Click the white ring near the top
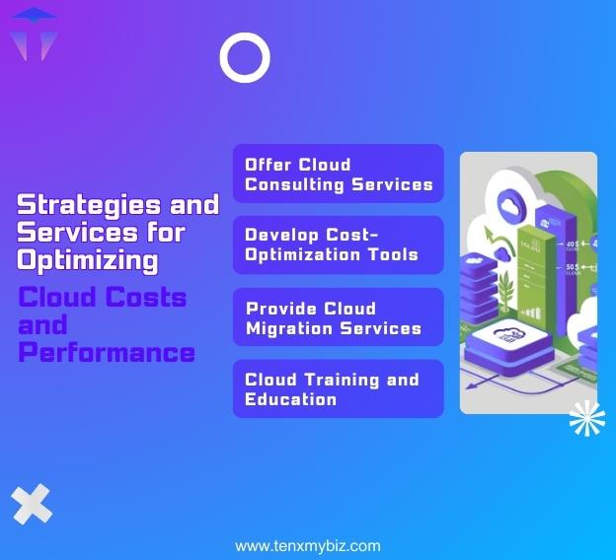pos(245,58)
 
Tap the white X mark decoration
pos(33,505)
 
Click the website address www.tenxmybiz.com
pos(307,546)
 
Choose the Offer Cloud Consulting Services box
pos(339,174)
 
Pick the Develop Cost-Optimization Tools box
pos(339,245)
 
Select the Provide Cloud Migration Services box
pos(339,316)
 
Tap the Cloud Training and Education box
pos(339,388)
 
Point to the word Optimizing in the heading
pos(88,260)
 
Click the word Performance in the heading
pos(107,352)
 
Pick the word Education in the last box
pos(290,399)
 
